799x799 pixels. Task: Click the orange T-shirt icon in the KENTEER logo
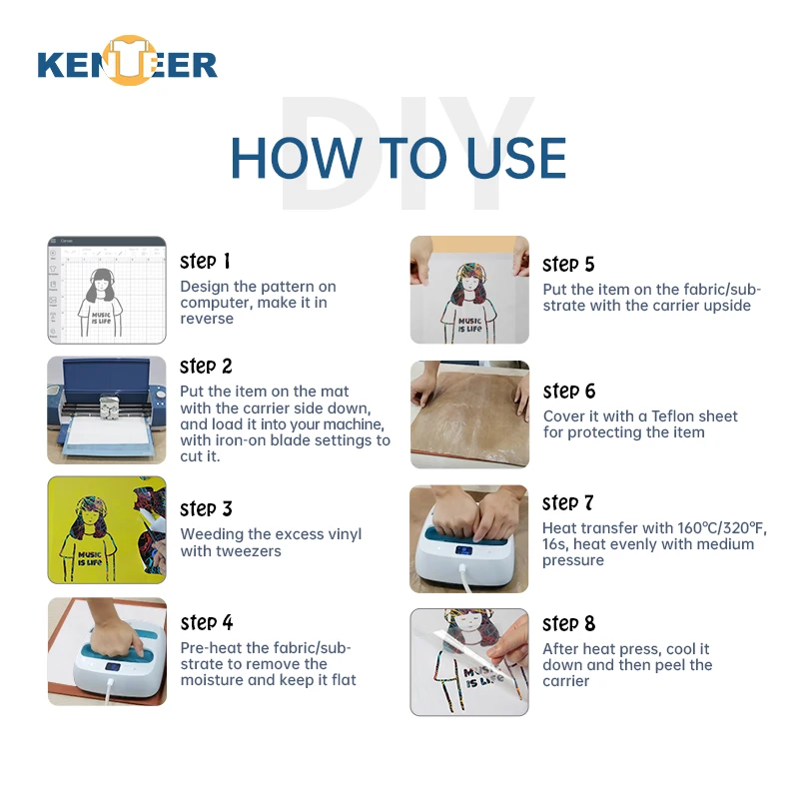(129, 60)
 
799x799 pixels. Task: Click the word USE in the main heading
(516, 158)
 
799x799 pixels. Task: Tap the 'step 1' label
(205, 262)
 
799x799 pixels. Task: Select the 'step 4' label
(207, 622)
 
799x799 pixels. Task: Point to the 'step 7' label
(567, 503)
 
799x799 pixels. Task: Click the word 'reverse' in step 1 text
(207, 319)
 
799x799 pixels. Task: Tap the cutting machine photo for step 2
(107, 410)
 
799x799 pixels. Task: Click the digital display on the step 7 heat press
(463, 551)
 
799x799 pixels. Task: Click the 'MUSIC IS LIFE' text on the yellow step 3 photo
(90, 559)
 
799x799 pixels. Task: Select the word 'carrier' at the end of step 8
(565, 681)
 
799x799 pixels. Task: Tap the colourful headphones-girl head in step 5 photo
(471, 281)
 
